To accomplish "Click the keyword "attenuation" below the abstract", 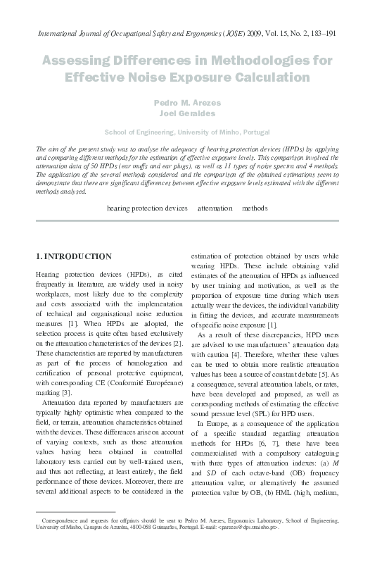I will tap(215, 209).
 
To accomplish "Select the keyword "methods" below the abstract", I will tap(254, 209).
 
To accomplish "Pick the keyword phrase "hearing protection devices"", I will tap(147, 209).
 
